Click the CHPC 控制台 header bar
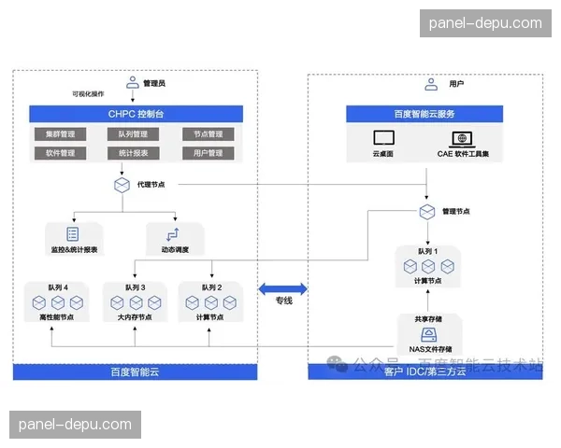click(137, 114)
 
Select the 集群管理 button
click(60, 134)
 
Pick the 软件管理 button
click(60, 153)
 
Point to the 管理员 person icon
click(133, 82)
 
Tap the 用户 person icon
click(431, 83)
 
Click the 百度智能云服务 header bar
click(425, 114)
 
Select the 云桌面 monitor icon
click(384, 138)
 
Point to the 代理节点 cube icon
click(122, 185)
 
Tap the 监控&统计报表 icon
click(71, 234)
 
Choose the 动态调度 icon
click(171, 234)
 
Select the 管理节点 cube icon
click(426, 212)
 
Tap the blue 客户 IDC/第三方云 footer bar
click(425, 372)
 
